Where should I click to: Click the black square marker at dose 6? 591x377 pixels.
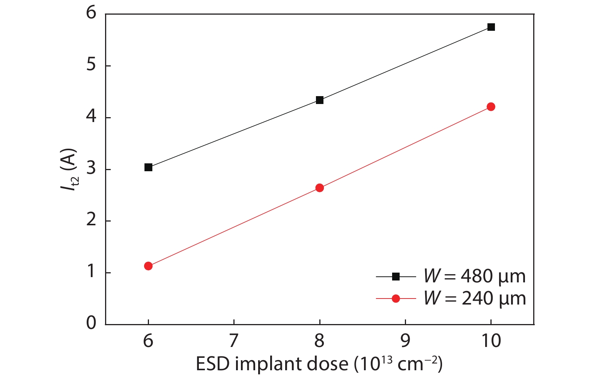click(x=148, y=167)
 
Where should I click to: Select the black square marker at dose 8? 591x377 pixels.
click(x=320, y=100)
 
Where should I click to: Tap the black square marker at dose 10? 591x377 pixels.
click(x=491, y=27)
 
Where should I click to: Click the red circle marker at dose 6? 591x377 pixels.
click(x=148, y=266)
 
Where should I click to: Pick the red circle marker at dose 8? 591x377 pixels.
click(x=320, y=188)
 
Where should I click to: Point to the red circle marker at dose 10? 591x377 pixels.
click(x=491, y=107)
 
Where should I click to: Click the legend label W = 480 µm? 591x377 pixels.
click(x=475, y=276)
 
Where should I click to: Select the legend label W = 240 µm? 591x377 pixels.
click(x=475, y=299)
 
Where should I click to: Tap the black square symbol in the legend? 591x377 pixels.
click(x=396, y=277)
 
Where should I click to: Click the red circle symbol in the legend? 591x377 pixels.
click(x=396, y=299)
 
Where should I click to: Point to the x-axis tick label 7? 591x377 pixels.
click(x=234, y=341)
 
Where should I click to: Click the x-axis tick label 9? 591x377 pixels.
click(x=405, y=341)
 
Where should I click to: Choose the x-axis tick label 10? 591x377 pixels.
click(x=491, y=341)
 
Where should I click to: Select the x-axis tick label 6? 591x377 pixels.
click(x=148, y=341)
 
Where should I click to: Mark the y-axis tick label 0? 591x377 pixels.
click(x=91, y=323)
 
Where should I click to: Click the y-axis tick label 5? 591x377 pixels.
click(x=91, y=65)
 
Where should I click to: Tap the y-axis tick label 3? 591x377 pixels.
click(x=91, y=169)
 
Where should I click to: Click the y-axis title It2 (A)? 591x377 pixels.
click(x=70, y=170)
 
